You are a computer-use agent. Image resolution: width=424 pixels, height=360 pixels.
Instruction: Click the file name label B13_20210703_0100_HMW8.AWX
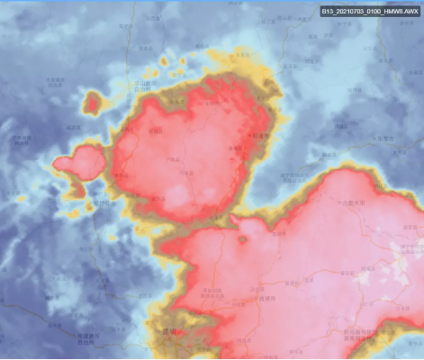tap(369, 12)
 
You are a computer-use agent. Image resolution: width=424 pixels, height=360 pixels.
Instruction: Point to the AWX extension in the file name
tap(409, 12)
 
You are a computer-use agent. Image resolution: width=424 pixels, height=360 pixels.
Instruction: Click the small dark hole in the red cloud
tap(241, 239)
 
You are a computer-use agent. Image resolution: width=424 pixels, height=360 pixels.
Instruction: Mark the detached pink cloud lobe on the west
tap(79, 162)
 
